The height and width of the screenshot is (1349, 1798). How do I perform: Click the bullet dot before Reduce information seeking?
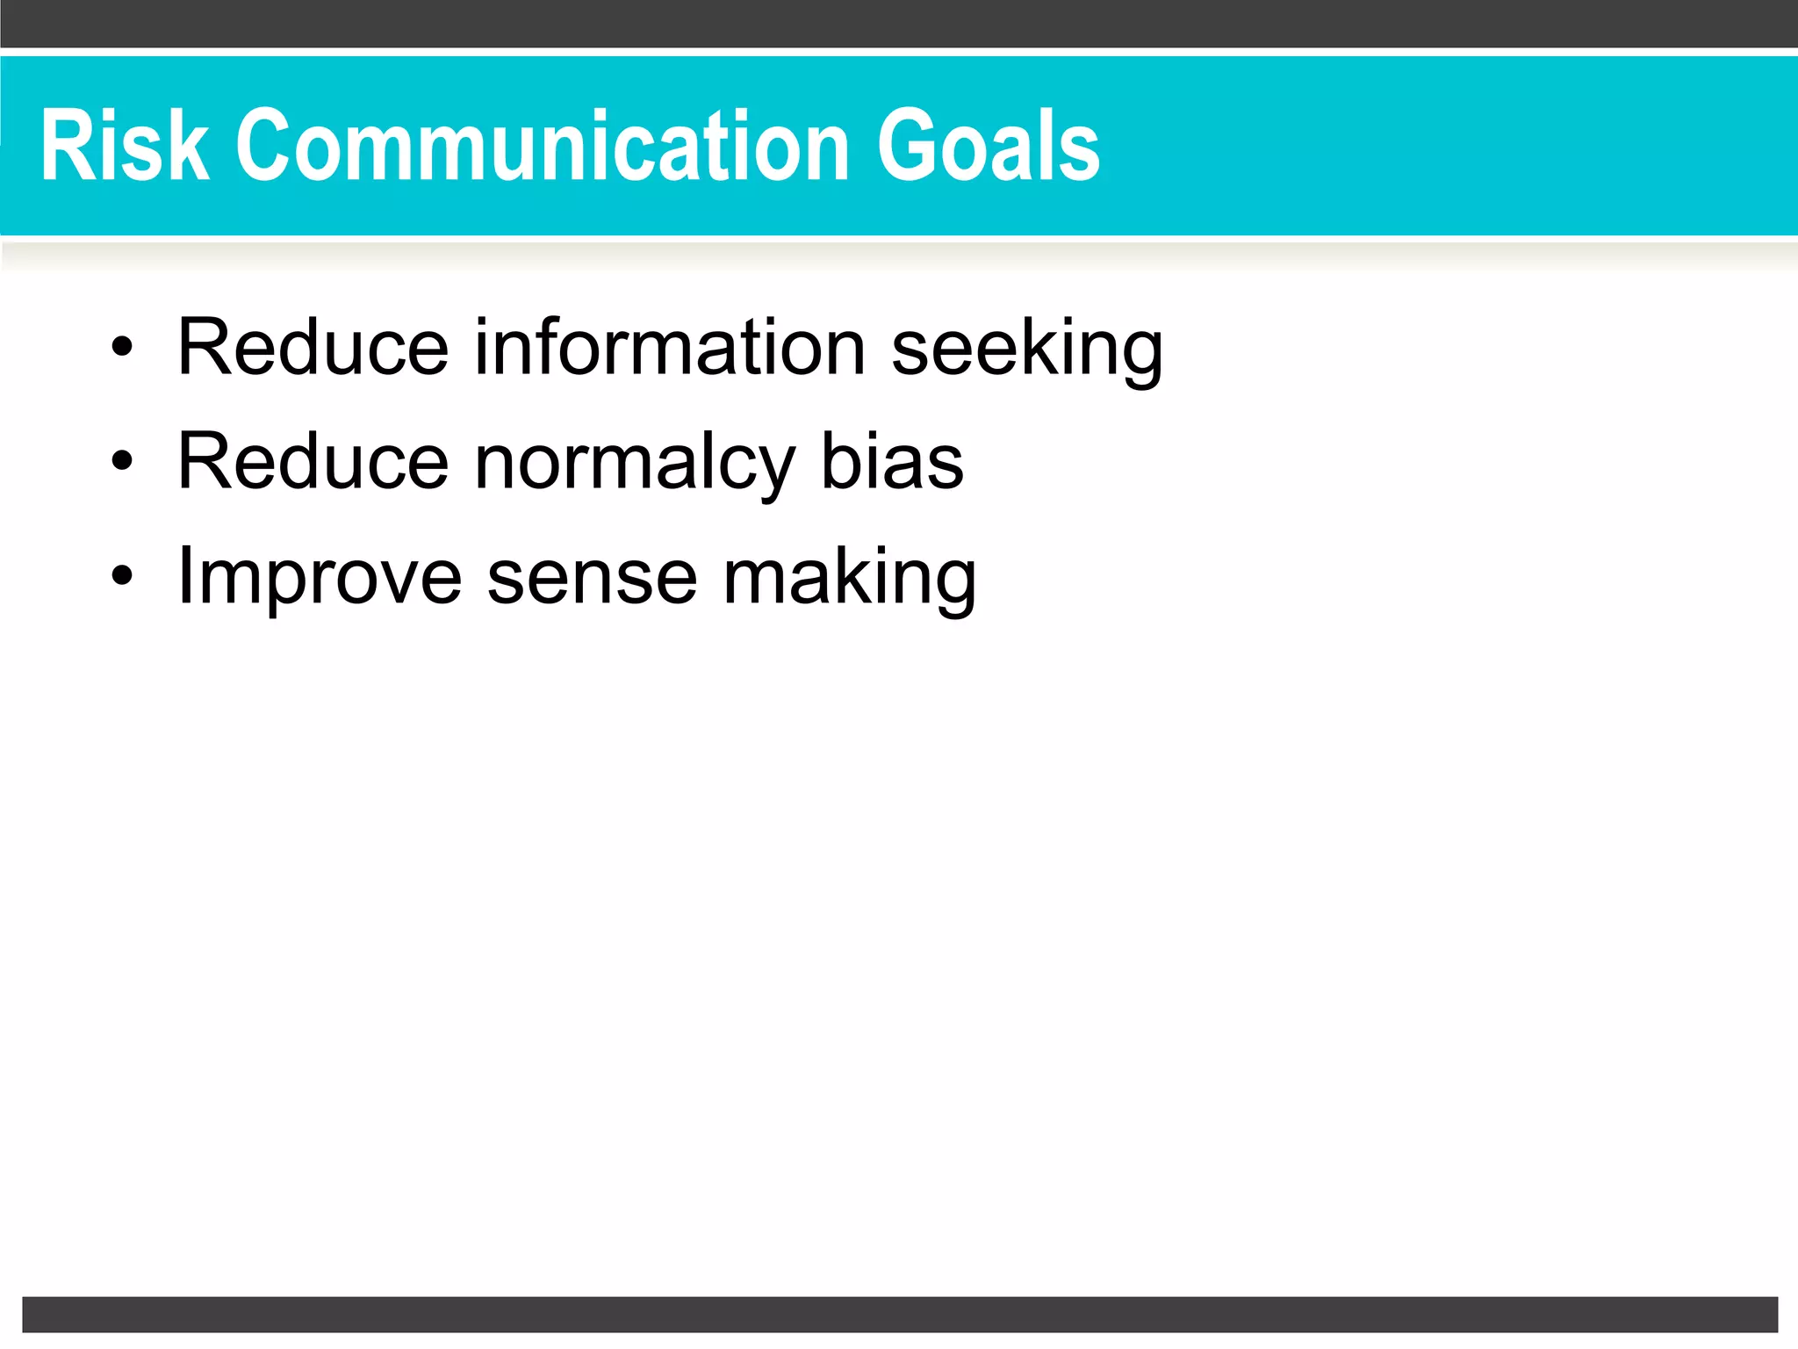[122, 347]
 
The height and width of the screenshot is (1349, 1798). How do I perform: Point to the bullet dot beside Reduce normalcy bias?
[122, 461]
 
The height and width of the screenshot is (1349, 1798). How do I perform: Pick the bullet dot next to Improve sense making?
[122, 575]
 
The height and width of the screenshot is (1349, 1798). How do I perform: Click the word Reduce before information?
[313, 347]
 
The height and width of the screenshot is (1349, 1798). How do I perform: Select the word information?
[670, 347]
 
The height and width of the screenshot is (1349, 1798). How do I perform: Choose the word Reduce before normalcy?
[313, 461]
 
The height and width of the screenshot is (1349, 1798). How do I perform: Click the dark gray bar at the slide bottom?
[899, 1314]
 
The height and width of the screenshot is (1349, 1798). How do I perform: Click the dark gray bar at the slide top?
[899, 23]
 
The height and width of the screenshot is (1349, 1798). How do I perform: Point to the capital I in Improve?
[184, 575]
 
